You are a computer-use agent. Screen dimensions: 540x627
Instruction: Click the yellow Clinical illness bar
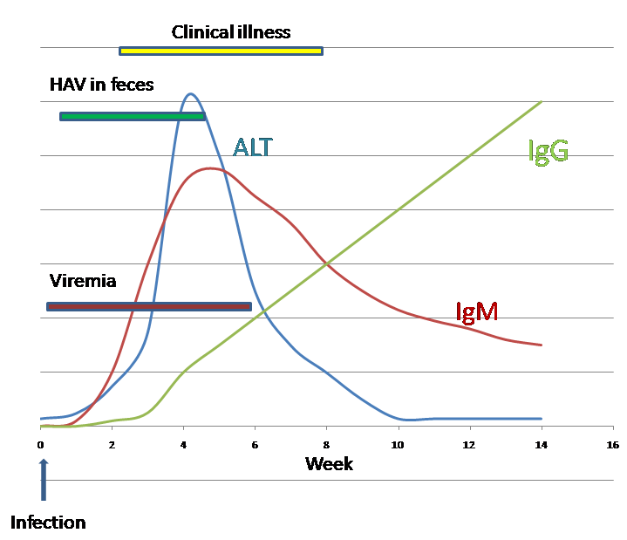(x=221, y=51)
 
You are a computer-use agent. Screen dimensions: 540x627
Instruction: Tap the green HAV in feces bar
(x=133, y=116)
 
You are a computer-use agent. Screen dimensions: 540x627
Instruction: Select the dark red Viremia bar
(x=148, y=306)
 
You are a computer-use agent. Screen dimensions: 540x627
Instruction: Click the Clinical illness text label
(x=231, y=32)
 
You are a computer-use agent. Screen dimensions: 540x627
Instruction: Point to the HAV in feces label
(x=101, y=85)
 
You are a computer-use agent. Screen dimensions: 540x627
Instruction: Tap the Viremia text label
(x=83, y=281)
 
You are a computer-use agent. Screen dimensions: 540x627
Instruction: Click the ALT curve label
(x=252, y=147)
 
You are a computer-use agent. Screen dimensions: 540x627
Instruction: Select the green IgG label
(x=549, y=151)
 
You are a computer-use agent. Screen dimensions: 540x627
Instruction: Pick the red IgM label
(x=477, y=311)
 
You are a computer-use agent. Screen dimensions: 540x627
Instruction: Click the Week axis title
(x=329, y=463)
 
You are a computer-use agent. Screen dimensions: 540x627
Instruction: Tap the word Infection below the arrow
(x=48, y=523)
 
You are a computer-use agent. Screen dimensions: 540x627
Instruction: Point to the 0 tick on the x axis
(x=40, y=445)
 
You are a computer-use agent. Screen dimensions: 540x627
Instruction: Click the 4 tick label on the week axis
(x=183, y=445)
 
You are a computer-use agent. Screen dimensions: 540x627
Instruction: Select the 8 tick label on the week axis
(x=326, y=445)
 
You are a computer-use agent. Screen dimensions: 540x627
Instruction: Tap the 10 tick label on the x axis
(x=399, y=445)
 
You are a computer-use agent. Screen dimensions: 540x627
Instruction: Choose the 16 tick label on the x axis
(x=613, y=445)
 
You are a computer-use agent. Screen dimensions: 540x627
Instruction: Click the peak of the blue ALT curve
(x=190, y=93)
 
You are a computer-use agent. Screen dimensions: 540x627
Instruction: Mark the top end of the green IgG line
(x=542, y=101)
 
